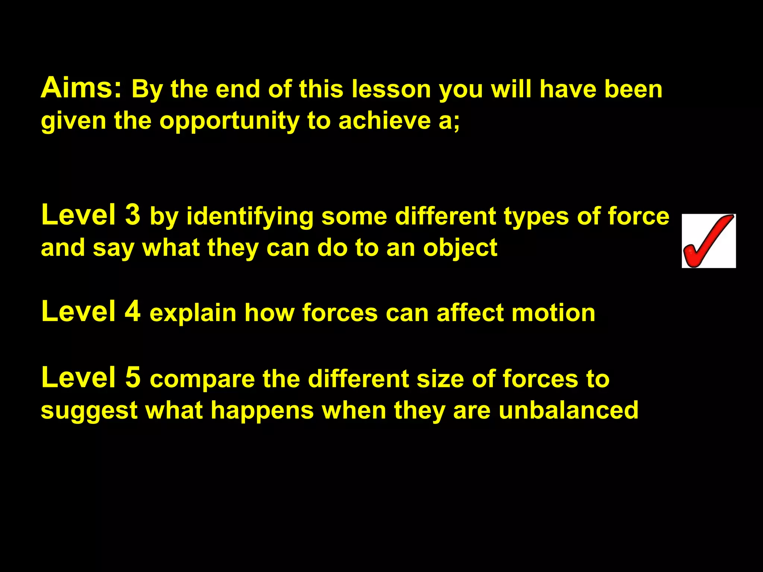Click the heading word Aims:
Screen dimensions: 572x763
click(x=81, y=88)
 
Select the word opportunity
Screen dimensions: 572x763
click(x=229, y=121)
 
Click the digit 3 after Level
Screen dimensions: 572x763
click(x=133, y=215)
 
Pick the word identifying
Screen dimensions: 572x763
click(x=250, y=217)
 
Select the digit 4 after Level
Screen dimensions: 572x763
click(x=133, y=311)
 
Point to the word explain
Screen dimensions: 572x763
click(x=193, y=313)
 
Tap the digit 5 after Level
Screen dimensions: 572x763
click(x=133, y=377)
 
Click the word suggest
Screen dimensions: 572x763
click(x=89, y=411)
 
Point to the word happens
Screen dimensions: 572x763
click(x=262, y=410)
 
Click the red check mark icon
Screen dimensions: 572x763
click(x=708, y=241)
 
